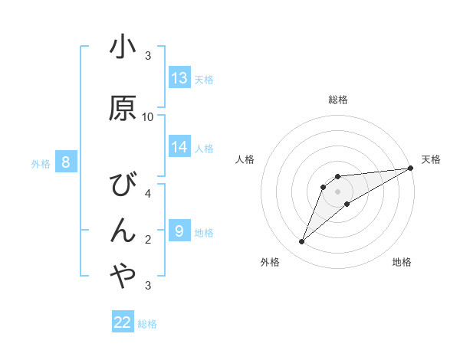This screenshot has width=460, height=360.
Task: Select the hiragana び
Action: pyautogui.click(x=123, y=185)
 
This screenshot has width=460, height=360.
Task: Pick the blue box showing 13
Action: pyautogui.click(x=179, y=78)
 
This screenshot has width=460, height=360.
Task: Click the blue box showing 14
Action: pyautogui.click(x=179, y=147)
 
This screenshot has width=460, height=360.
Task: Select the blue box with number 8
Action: pyautogui.click(x=66, y=162)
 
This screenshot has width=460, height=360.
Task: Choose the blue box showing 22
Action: pyautogui.click(x=123, y=322)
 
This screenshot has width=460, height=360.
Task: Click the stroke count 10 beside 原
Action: pyautogui.click(x=148, y=117)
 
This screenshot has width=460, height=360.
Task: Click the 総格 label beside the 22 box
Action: pyautogui.click(x=147, y=324)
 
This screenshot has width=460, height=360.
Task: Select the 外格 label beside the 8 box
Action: pyautogui.click(x=41, y=163)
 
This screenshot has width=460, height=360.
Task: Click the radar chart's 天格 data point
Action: pyautogui.click(x=412, y=169)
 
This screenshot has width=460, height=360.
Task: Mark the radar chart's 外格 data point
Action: pyautogui.click(x=301, y=242)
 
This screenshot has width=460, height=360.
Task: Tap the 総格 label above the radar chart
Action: pyautogui.click(x=338, y=100)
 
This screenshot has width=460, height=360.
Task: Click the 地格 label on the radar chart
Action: pyautogui.click(x=402, y=262)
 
